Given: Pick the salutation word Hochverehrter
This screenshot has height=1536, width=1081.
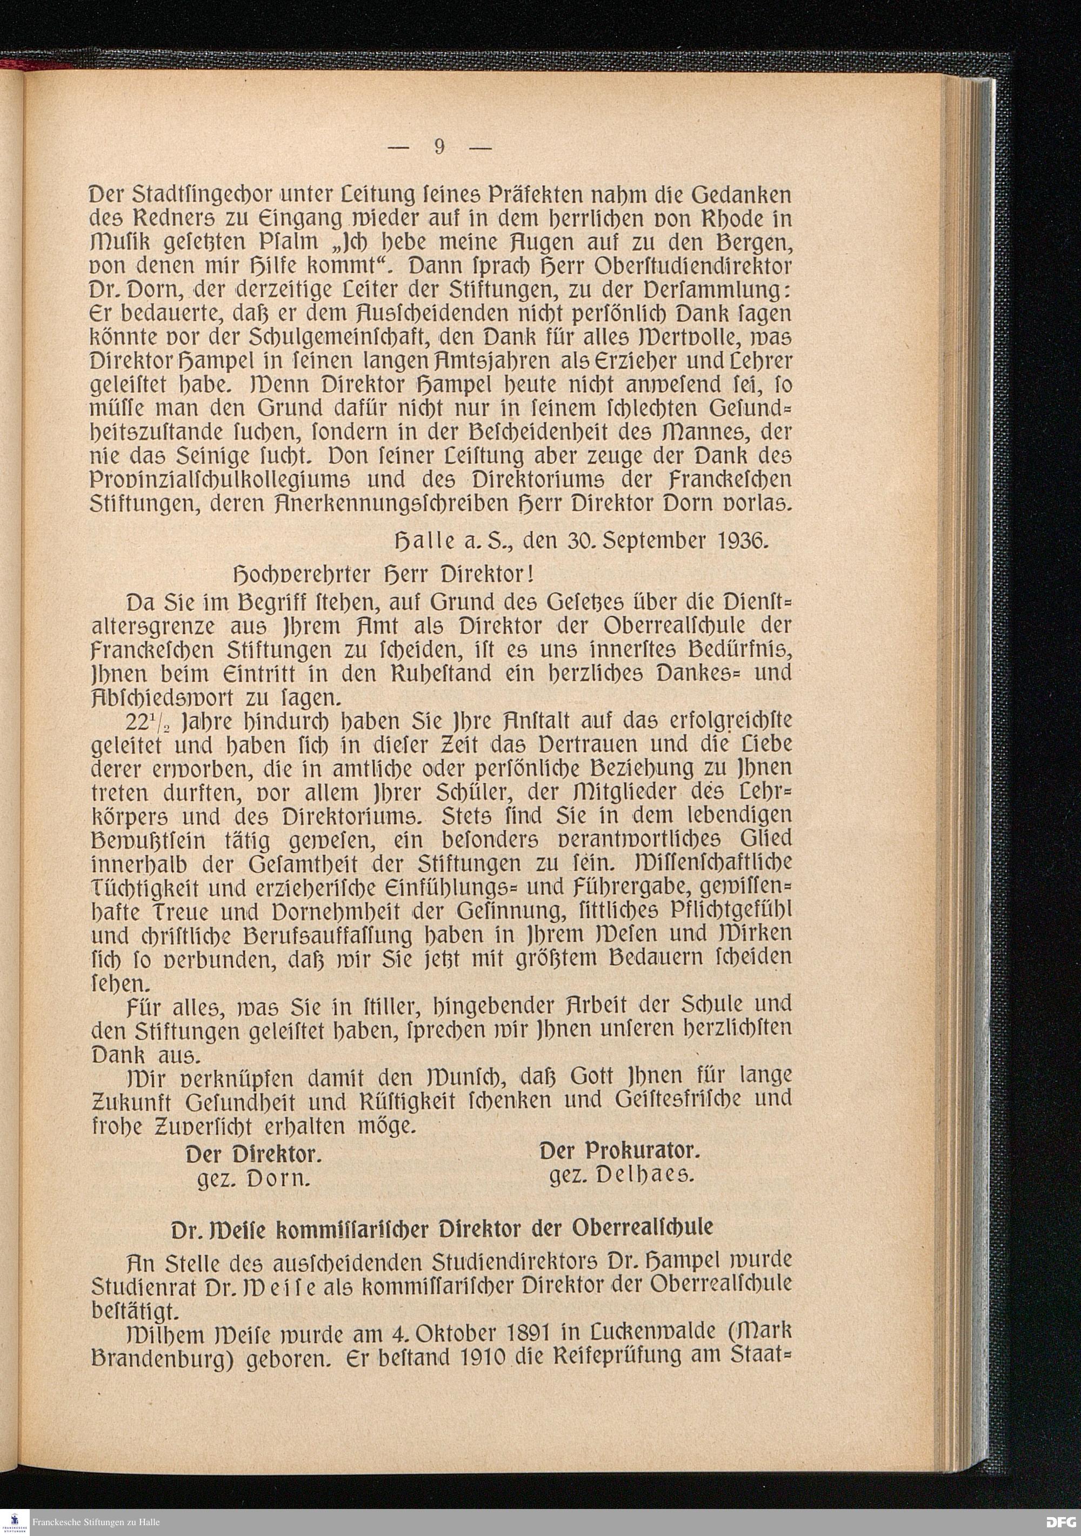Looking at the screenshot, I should tap(296, 575).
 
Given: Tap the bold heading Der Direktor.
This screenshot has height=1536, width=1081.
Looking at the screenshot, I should tap(253, 1155).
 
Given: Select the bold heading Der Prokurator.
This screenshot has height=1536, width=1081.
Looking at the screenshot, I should tap(619, 1151).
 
